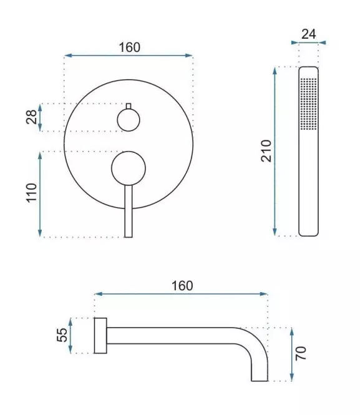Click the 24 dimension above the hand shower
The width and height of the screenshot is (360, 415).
pyautogui.click(x=309, y=34)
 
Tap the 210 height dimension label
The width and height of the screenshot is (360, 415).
pyautogui.click(x=266, y=151)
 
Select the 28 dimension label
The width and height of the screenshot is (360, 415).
pyautogui.click(x=31, y=117)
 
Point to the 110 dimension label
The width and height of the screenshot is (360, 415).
pyautogui.click(x=31, y=193)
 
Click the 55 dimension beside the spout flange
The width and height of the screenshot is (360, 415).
pyautogui.click(x=62, y=335)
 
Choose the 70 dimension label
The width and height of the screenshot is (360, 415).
pyautogui.click(x=301, y=353)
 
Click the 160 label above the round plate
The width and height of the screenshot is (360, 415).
pyautogui.click(x=129, y=47)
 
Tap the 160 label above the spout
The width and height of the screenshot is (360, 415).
pyautogui.click(x=182, y=286)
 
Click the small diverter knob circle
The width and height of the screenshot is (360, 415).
pyautogui.click(x=129, y=120)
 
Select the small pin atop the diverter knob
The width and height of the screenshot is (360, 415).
pyautogui.click(x=129, y=106)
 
